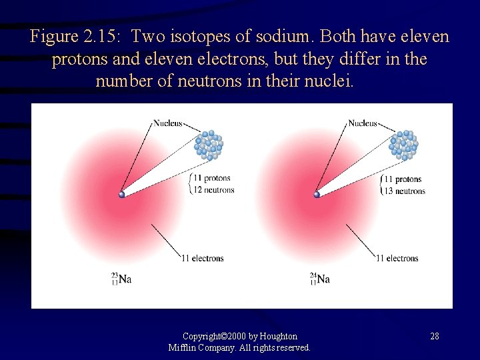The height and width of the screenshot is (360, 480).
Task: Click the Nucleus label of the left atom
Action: [x=167, y=123]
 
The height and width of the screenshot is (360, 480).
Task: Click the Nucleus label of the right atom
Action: [x=362, y=123]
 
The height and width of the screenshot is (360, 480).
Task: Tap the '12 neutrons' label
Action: [x=213, y=190]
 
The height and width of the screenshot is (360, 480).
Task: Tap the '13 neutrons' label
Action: [x=405, y=191]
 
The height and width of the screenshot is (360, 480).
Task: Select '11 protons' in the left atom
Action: [x=211, y=179]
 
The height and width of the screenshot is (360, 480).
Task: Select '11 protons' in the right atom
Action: [x=403, y=179]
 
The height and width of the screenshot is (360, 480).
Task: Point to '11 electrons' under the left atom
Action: [x=203, y=258]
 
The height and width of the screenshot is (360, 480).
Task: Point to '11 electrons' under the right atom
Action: [x=397, y=258]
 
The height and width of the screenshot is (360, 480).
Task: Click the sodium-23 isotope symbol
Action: [x=121, y=279]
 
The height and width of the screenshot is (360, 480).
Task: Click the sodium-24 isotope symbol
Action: [x=319, y=279]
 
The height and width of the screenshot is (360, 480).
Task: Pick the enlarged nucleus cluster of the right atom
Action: [x=404, y=145]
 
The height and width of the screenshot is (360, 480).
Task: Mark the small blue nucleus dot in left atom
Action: [x=121, y=195]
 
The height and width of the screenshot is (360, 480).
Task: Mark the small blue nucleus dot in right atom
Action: [x=317, y=195]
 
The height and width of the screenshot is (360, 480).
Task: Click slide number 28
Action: [x=434, y=336]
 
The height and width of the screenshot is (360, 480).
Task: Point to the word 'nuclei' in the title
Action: [x=335, y=82]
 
